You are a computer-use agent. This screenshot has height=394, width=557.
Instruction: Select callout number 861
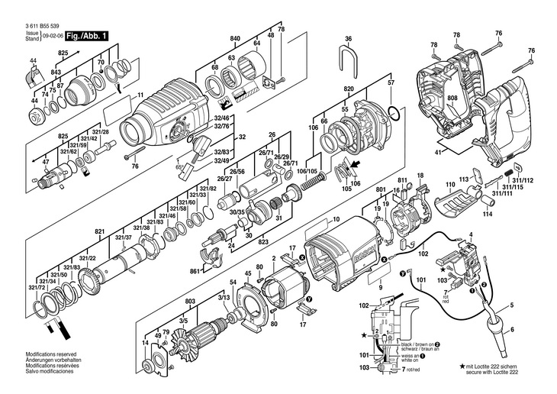tap(195, 270)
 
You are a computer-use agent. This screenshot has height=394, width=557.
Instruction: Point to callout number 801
tap(380, 189)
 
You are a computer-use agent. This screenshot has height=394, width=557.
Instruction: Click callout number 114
tap(487, 215)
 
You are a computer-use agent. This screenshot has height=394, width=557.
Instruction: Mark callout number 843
tap(56, 72)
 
